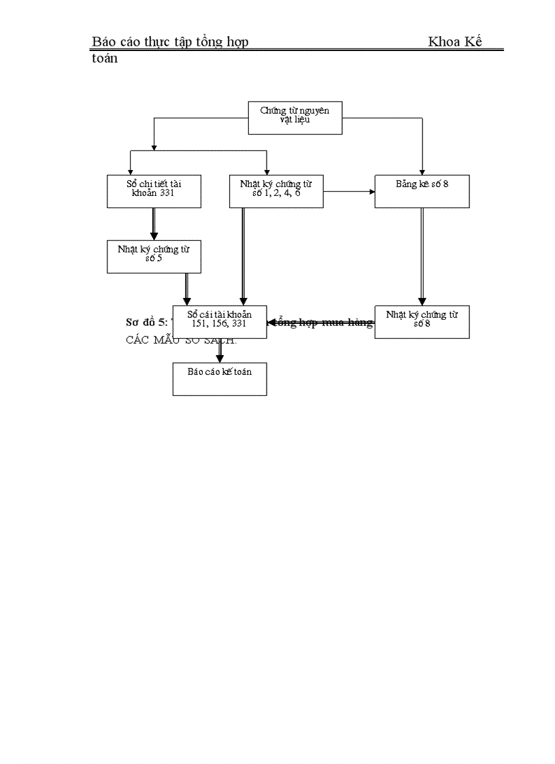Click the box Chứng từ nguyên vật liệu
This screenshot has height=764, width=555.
[295, 118]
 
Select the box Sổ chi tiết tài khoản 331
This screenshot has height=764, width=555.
[154, 191]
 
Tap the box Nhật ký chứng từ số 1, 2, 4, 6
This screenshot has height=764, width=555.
[276, 191]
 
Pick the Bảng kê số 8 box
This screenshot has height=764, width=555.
[422, 191]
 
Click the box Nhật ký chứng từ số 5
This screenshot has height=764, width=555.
[154, 257]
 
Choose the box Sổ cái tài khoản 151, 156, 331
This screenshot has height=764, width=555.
[220, 322]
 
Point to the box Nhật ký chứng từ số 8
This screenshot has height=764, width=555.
[422, 322]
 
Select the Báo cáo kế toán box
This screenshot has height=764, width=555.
[220, 379]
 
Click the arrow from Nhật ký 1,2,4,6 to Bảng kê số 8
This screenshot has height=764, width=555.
[348, 191]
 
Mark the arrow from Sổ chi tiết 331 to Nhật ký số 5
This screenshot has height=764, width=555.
[154, 224]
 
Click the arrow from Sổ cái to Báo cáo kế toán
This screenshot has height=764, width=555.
[220, 350]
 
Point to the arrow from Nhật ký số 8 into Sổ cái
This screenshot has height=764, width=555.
[320, 322]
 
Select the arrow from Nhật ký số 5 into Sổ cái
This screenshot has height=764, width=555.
[187, 289]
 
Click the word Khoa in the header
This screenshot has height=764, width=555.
[445, 42]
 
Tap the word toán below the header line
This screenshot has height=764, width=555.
[105, 59]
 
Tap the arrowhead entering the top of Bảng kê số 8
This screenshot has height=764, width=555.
[422, 171]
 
